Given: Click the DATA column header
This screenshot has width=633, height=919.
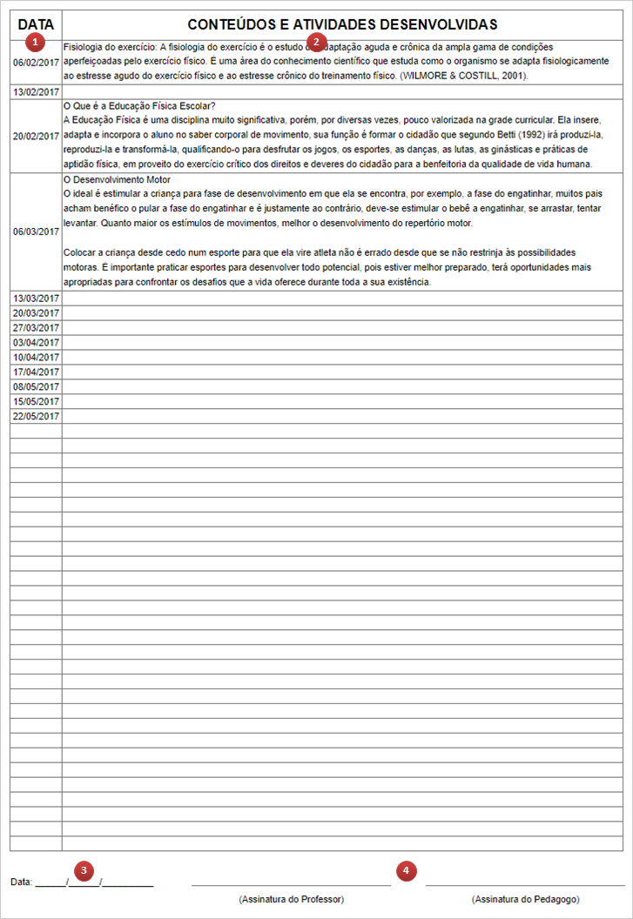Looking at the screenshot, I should coord(36,24).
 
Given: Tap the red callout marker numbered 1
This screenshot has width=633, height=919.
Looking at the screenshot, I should coord(35,42).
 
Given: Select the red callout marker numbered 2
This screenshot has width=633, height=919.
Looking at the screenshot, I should coord(317,42).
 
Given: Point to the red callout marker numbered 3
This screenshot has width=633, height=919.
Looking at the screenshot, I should coord(84,869).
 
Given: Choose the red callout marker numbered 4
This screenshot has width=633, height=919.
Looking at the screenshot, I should coord(407,869).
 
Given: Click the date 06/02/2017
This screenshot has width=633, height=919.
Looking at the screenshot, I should coord(36,63).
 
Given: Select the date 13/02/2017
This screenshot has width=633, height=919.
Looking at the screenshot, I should coord(36,91).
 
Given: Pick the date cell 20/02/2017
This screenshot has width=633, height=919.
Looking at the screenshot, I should coord(36,136).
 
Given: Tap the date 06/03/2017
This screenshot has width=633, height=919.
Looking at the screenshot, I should coord(36,231).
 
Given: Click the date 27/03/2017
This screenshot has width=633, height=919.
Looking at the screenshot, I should coord(36,327).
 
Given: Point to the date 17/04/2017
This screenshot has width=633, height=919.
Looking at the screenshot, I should coord(36,372).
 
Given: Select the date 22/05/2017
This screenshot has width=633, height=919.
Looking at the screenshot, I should coord(36,416).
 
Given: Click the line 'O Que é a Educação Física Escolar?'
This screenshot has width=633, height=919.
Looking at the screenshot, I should coord(140,106).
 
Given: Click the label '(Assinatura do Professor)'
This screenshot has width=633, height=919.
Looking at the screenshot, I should coord(291,898).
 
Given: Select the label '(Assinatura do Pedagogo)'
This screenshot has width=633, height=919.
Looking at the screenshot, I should coord(525,898).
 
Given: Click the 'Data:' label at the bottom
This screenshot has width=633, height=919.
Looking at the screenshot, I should coord(21,882).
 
